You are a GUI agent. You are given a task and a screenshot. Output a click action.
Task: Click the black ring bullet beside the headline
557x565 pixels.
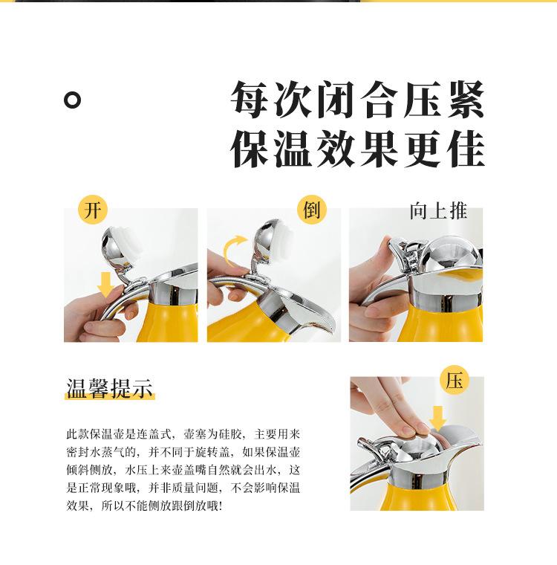point(72,100)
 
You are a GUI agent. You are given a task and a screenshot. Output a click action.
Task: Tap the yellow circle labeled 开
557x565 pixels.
point(93,210)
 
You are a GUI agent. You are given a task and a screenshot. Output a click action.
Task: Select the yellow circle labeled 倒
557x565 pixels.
point(311,210)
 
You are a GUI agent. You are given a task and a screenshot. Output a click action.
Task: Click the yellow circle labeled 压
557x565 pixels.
point(455,381)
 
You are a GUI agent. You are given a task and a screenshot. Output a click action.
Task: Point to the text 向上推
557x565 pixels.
point(438,211)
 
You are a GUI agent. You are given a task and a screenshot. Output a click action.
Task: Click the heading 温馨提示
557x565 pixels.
point(109,388)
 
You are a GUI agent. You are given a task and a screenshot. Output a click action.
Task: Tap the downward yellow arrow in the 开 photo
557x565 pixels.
point(105,285)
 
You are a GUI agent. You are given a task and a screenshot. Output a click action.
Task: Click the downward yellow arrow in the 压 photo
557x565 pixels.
point(438,418)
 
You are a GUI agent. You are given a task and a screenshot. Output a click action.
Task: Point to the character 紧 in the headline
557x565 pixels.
point(465,100)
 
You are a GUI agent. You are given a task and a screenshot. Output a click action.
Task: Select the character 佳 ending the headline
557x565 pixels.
point(465,149)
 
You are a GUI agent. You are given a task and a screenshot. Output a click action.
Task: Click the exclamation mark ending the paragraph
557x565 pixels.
point(221,506)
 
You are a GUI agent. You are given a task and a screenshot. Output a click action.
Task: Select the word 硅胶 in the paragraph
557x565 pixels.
point(230,434)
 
